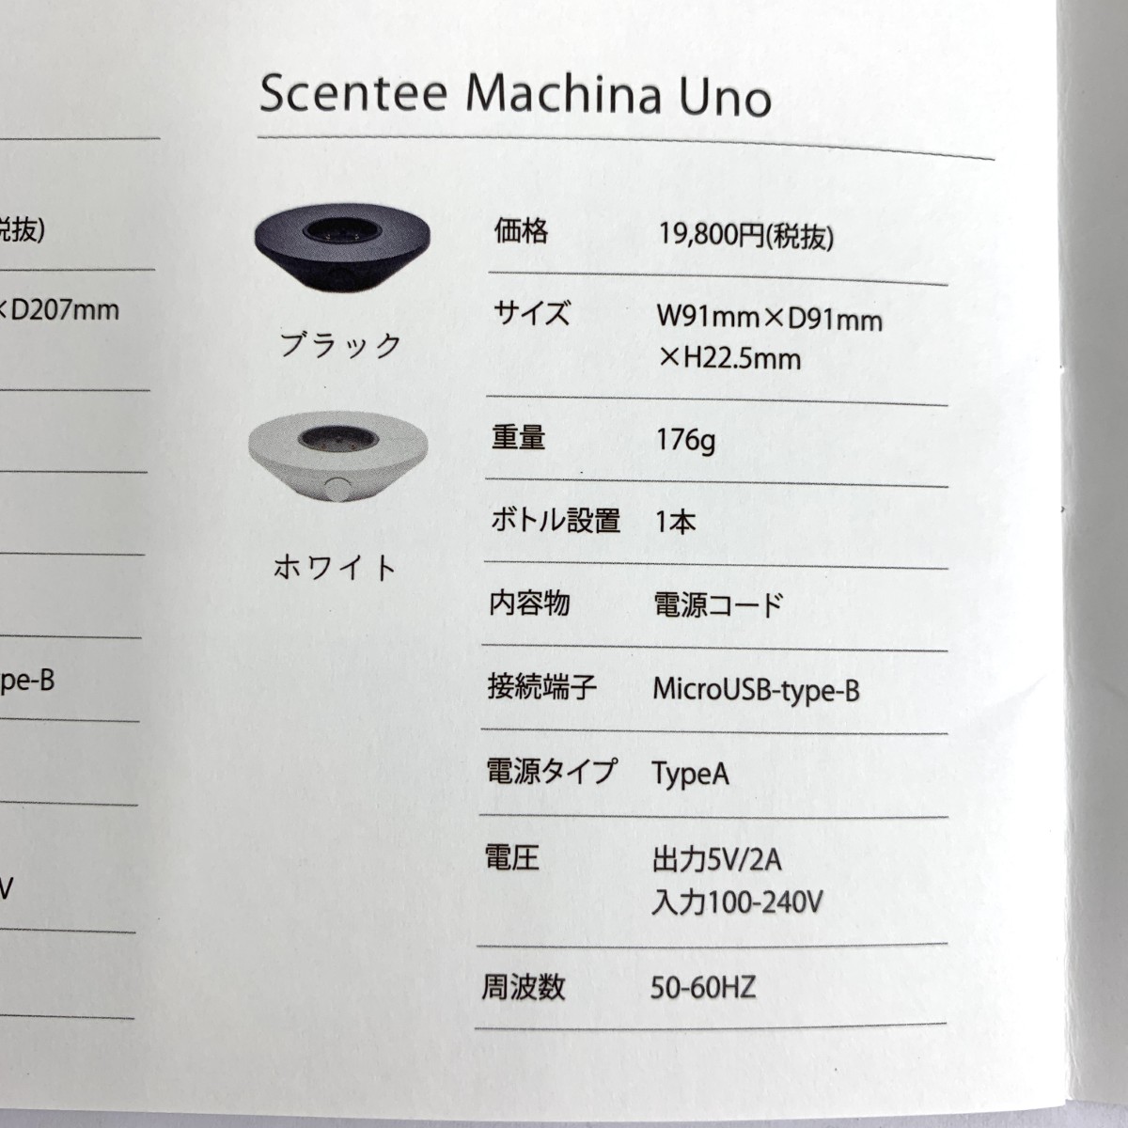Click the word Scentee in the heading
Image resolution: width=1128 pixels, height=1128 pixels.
click(353, 93)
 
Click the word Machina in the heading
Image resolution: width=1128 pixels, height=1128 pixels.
click(563, 95)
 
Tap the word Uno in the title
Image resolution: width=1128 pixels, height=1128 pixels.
click(725, 99)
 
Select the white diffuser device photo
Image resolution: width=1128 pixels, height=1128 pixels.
click(338, 456)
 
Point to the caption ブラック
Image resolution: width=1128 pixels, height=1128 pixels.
click(340, 345)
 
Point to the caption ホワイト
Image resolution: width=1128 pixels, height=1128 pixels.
click(335, 567)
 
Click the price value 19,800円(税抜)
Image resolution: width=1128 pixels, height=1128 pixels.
click(746, 236)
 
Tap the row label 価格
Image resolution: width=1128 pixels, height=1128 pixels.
click(521, 230)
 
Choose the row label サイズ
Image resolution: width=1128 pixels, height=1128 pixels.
click(531, 313)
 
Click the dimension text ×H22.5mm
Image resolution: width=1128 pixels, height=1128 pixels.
click(729, 358)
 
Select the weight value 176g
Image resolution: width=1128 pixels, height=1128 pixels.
click(685, 440)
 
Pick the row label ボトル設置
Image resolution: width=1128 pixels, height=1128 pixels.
click(555, 520)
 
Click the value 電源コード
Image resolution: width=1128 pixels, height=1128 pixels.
click(718, 604)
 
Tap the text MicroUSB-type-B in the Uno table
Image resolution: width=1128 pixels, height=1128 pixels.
click(757, 690)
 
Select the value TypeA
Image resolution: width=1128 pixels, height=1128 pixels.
click(691, 774)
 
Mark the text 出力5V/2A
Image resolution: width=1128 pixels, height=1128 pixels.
click(717, 860)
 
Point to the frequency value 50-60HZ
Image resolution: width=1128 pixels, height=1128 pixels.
click(703, 988)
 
